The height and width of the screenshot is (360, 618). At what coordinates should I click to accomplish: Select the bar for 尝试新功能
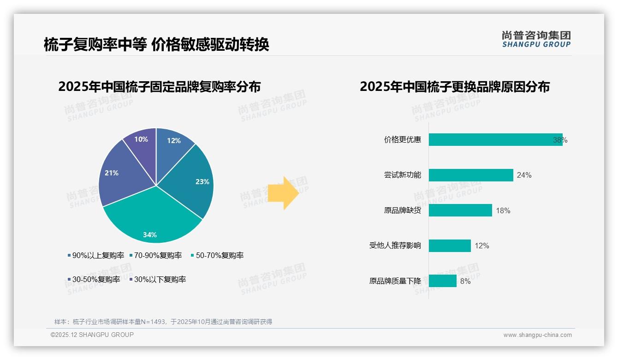coord(470,175)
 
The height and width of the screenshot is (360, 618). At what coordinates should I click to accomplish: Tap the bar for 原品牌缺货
coord(460,210)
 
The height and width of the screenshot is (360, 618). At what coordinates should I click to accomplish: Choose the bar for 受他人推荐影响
coord(449,246)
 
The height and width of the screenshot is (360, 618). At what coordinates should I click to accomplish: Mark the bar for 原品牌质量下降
coord(442,281)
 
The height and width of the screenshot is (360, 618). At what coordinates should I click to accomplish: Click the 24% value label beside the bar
coord(524,175)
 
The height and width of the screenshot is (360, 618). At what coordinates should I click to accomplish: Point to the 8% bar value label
coord(465,281)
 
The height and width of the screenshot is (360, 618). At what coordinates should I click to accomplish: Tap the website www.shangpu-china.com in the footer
coord(537,335)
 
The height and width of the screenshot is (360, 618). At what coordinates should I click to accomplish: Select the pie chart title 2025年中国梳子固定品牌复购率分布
coord(160,87)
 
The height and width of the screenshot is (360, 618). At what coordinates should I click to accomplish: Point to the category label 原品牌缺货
coord(402,210)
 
